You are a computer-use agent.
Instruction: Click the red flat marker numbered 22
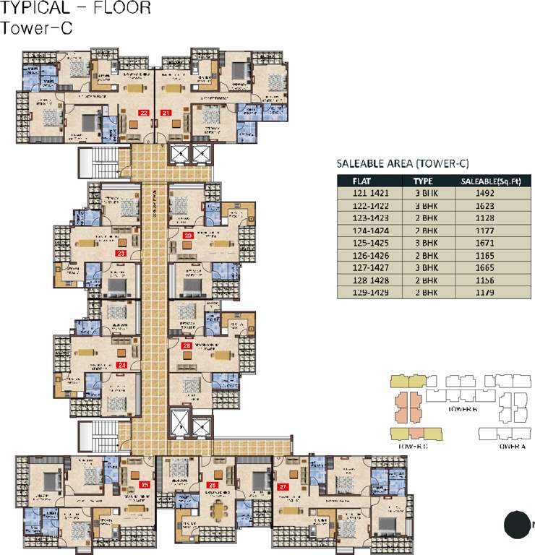[x=145, y=113]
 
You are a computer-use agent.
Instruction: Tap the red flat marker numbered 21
[x=166, y=113]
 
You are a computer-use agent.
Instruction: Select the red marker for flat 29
[x=188, y=235]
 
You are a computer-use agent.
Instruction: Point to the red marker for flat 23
[x=121, y=253]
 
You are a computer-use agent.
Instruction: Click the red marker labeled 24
[x=121, y=365]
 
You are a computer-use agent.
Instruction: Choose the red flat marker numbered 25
[x=145, y=484]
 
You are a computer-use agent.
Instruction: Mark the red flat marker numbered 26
[x=212, y=484]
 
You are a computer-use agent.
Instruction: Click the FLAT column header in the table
[x=362, y=181]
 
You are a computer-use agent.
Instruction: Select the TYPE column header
[x=423, y=181]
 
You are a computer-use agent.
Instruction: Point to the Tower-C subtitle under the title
[x=30, y=29]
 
